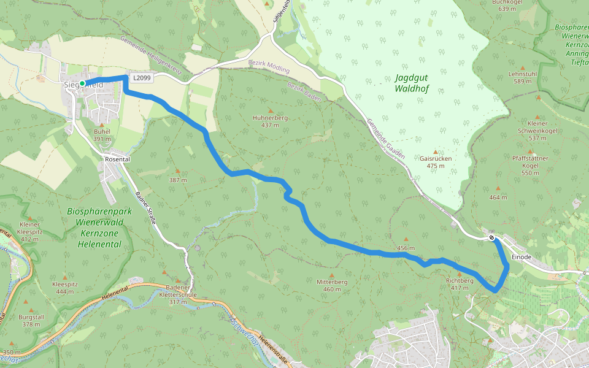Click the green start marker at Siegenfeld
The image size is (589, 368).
(x=82, y=83)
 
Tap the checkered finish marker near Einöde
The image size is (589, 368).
(x=492, y=237)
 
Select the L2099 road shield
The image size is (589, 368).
(x=141, y=78)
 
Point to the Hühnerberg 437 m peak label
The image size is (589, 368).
(x=270, y=121)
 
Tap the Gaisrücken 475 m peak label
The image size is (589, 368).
(x=436, y=161)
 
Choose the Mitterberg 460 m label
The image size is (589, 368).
(x=332, y=285)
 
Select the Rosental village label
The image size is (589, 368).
(x=118, y=158)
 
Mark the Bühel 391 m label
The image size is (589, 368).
(x=102, y=135)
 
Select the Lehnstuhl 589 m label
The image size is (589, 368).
(x=522, y=77)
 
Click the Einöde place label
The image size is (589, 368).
(x=522, y=257)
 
